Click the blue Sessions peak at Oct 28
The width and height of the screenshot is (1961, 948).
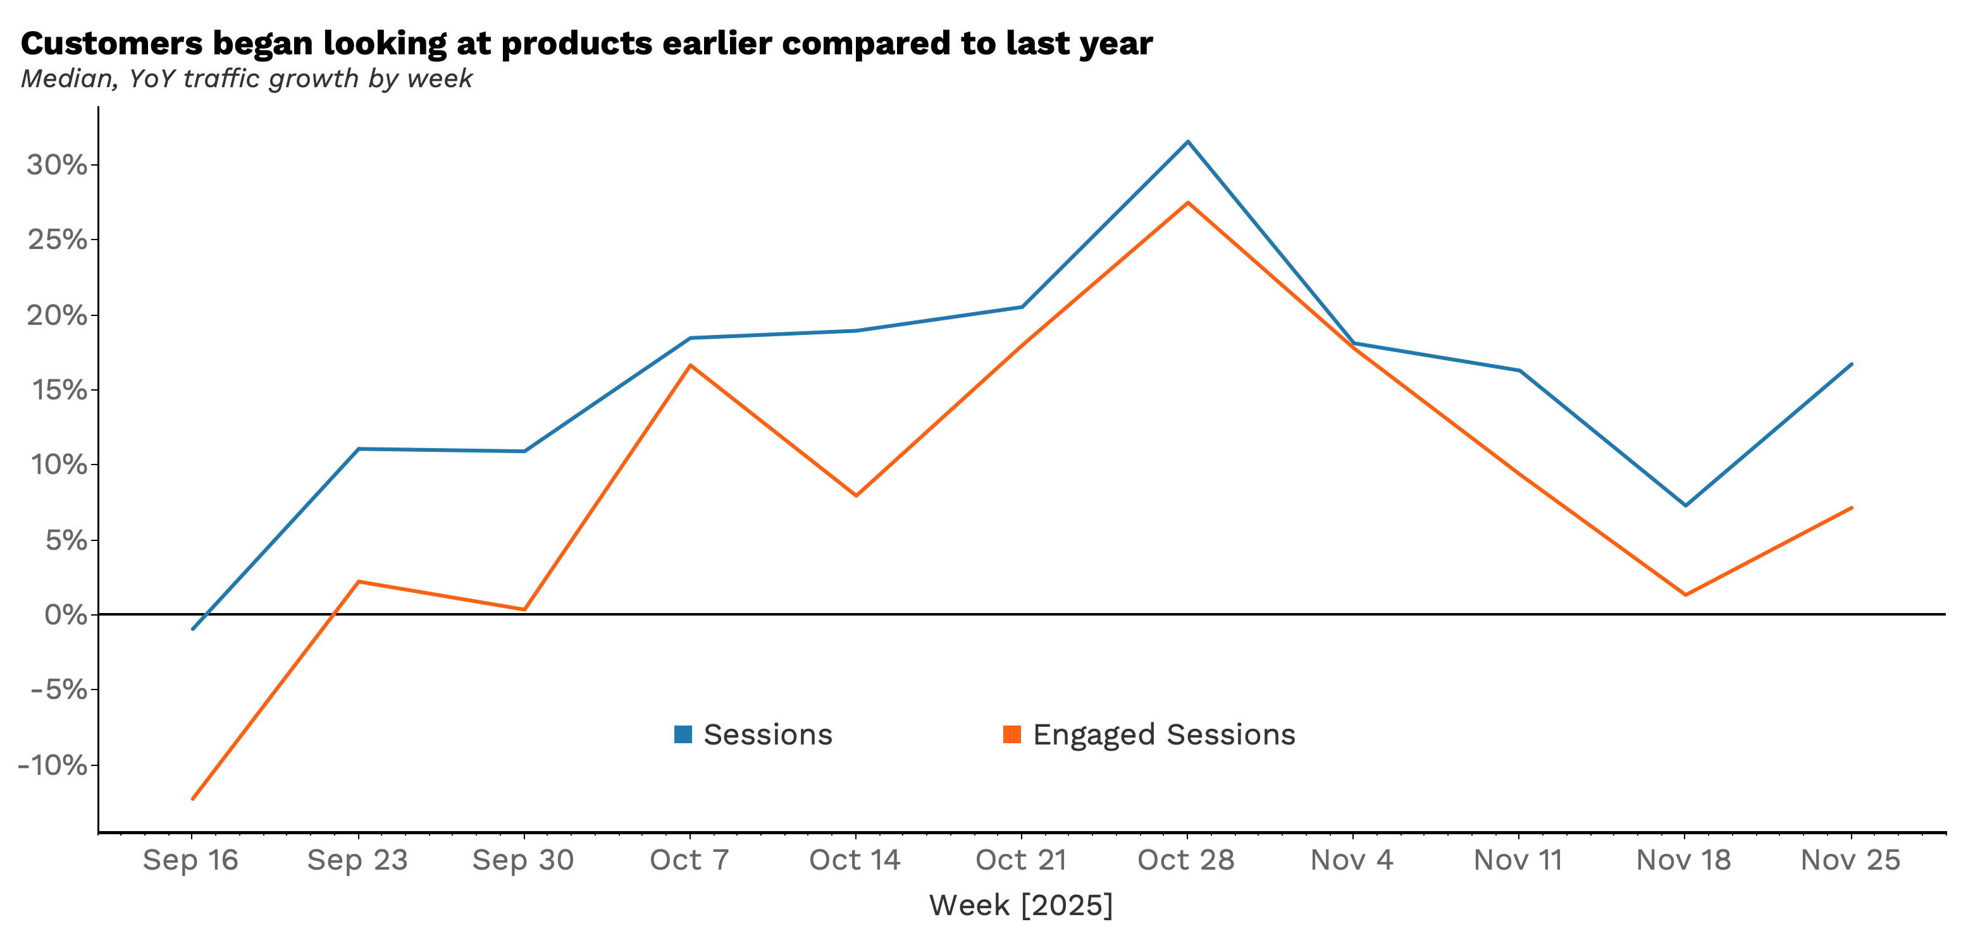(1187, 142)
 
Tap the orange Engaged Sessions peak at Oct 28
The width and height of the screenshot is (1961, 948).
(1187, 202)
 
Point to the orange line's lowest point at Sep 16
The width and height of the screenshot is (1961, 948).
(192, 799)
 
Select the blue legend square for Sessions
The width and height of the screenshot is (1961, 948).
(683, 734)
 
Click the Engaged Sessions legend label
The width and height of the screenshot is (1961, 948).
(1163, 734)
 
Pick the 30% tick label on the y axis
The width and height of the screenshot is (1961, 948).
(57, 165)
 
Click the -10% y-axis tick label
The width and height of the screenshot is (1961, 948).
(53, 765)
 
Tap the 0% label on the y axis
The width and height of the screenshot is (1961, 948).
(65, 615)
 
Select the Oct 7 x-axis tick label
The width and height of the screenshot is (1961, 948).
(689, 861)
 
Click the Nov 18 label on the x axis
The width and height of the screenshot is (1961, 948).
(1684, 861)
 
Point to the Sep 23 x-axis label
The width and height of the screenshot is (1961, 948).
(357, 861)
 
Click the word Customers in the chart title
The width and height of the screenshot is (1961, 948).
(112, 44)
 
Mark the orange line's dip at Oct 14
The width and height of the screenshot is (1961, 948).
(857, 495)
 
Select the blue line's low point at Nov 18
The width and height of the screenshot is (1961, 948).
(1685, 505)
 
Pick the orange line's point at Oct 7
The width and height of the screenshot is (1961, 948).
(690, 365)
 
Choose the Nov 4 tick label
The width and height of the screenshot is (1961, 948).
(1351, 861)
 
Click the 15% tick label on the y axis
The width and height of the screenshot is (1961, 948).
(57, 391)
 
